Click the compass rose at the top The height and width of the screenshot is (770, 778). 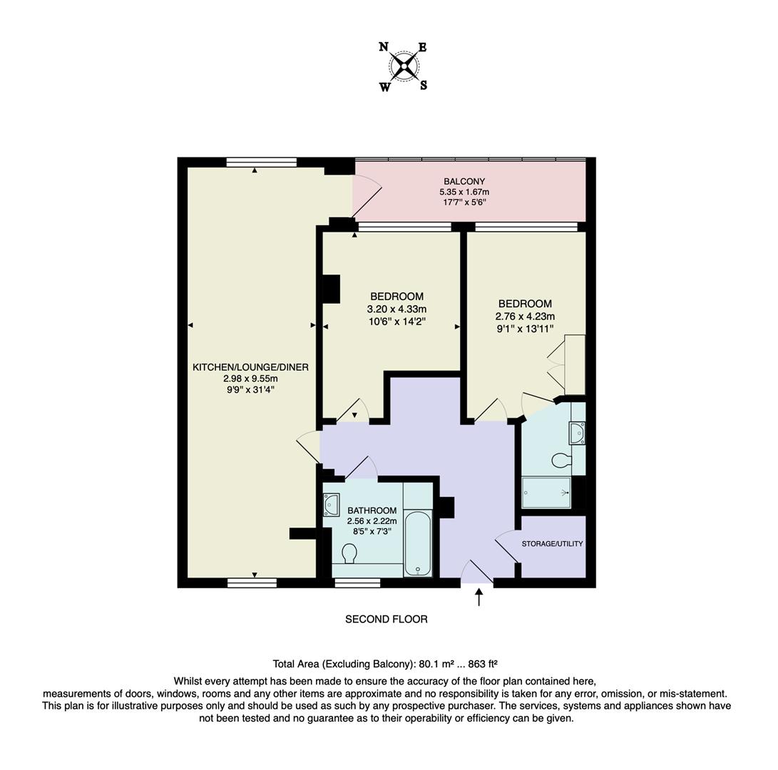404,67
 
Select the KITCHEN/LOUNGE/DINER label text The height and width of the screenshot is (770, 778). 250,367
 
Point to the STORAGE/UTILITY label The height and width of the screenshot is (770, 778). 552,543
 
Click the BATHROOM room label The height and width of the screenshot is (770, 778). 372,510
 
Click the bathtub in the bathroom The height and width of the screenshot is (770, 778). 417,543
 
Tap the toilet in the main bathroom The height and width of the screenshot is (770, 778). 349,553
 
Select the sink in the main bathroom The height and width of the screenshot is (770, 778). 332,505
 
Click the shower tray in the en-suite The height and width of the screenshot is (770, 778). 546,492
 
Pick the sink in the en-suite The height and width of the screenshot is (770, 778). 578,433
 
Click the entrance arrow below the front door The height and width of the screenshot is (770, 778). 478,597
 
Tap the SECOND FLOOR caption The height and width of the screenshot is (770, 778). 387,620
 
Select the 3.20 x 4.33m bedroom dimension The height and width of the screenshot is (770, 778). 396,309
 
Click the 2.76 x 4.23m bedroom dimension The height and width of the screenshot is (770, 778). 525,316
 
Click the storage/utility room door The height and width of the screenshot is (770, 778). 507,548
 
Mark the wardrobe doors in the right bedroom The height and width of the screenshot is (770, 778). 556,364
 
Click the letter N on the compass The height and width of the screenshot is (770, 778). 383,48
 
